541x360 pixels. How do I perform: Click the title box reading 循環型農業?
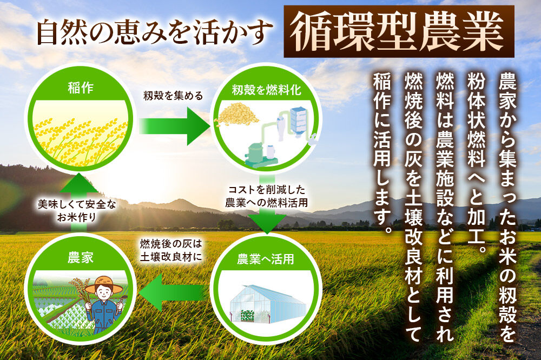[399, 31]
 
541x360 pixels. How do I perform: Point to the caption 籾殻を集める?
[173, 96]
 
